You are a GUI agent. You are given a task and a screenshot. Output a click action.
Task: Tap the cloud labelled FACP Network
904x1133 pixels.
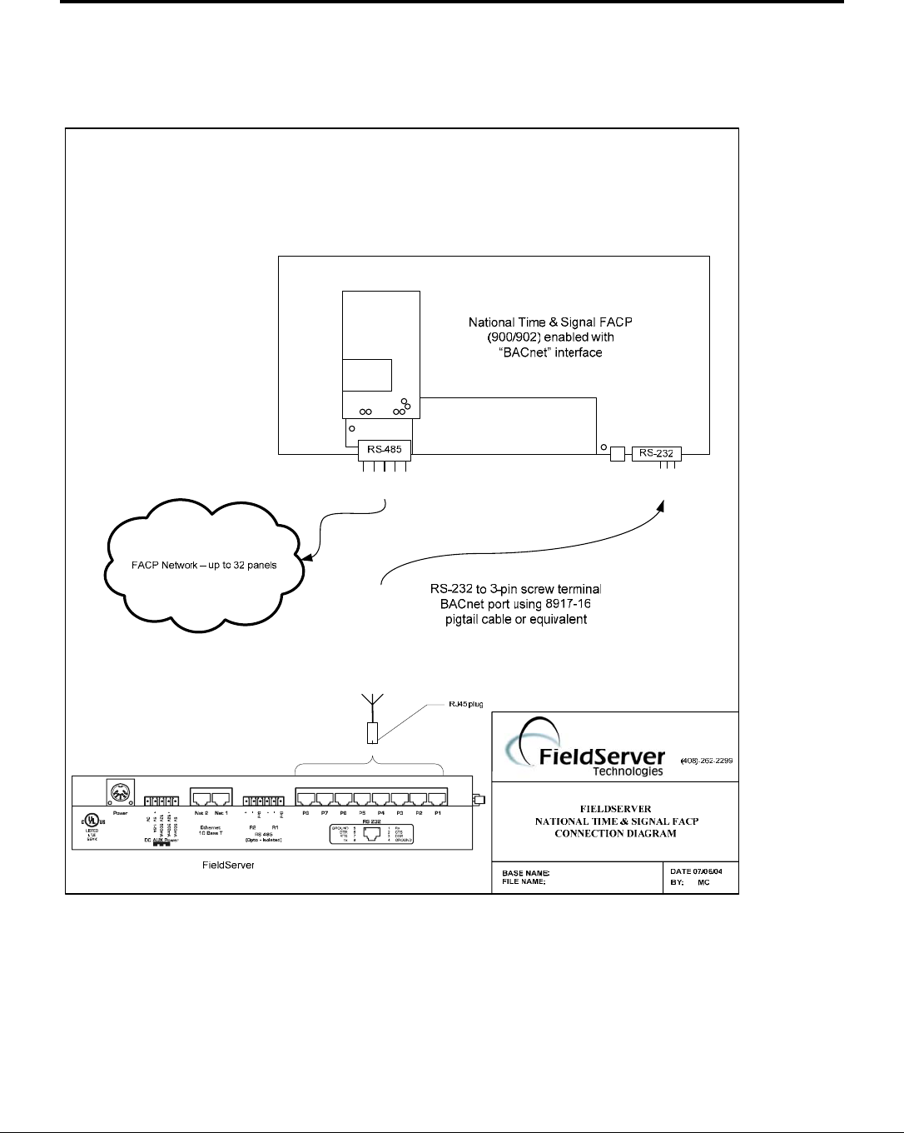click(x=205, y=565)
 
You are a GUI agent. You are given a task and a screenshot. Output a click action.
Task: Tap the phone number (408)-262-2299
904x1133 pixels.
click(x=707, y=761)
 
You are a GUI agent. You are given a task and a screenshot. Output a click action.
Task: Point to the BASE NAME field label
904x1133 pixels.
click(x=525, y=873)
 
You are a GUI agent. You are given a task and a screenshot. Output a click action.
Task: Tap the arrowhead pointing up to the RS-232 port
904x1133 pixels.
click(x=662, y=505)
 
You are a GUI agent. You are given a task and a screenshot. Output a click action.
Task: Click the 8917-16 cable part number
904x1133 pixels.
click(x=573, y=604)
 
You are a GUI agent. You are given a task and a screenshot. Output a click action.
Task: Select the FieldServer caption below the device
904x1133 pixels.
click(x=228, y=866)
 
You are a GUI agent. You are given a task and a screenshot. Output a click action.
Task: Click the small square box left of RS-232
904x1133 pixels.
click(x=618, y=454)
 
